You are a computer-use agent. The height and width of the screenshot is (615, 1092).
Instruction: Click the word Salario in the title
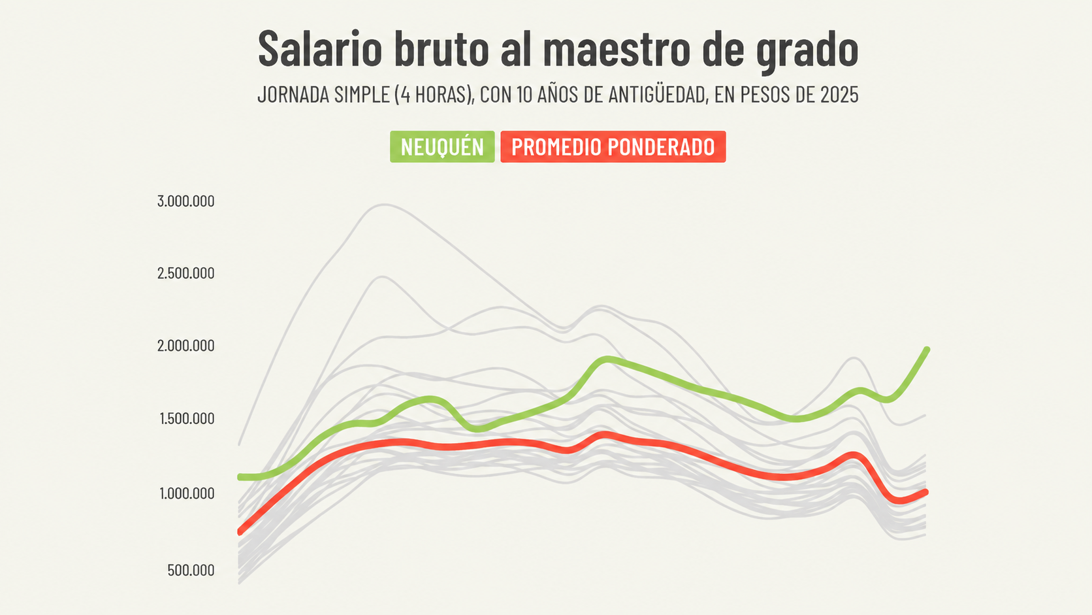[x=320, y=48]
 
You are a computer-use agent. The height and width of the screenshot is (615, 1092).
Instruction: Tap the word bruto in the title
[x=442, y=48]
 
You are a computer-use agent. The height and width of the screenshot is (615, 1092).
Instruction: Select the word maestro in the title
[x=617, y=48]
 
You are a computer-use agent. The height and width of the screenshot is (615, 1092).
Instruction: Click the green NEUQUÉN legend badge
[x=442, y=147]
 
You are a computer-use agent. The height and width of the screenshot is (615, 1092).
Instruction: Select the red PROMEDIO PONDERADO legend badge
[x=613, y=147]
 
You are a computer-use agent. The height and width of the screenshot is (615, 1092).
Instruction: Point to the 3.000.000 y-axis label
[x=185, y=201]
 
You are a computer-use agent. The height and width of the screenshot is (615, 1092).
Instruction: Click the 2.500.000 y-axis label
[x=185, y=273]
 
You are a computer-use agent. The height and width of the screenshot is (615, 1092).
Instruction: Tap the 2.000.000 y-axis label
[x=185, y=346]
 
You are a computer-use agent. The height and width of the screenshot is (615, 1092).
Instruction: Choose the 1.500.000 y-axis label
[x=187, y=418]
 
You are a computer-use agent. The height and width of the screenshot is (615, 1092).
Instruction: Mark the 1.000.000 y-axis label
[x=187, y=493]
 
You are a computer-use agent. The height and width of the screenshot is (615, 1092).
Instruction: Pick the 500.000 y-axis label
[x=191, y=570]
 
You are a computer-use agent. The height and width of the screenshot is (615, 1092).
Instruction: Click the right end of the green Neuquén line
[x=927, y=350]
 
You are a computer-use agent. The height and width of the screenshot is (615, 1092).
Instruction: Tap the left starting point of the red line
[x=240, y=532]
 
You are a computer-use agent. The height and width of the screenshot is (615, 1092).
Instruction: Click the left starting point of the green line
[x=240, y=476]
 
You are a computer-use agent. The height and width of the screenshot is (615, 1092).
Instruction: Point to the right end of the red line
[x=926, y=492]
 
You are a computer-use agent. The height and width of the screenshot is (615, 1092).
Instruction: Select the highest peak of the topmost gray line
[x=385, y=205]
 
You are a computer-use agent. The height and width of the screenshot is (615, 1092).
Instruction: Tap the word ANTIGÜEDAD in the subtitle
[x=656, y=95]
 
